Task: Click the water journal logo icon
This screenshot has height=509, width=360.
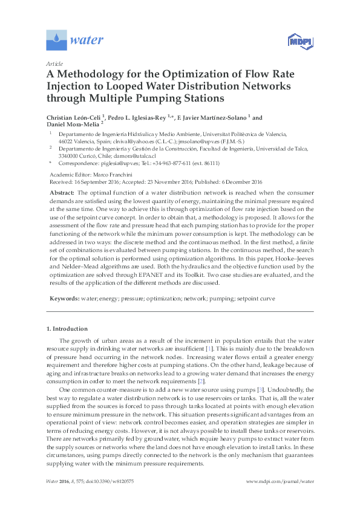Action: [57, 40]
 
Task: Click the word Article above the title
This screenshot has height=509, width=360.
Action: [54, 63]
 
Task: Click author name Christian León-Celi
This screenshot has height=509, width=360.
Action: [73, 117]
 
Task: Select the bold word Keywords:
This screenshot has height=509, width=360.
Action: [64, 299]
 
